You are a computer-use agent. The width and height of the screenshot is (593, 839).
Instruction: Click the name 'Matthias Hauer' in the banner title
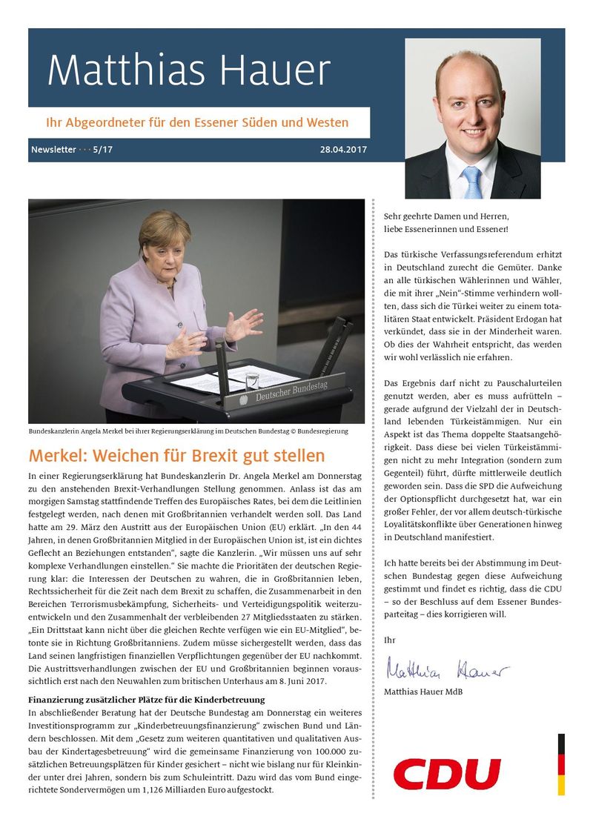pos(188,71)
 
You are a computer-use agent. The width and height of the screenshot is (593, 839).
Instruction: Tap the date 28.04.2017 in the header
pos(343,150)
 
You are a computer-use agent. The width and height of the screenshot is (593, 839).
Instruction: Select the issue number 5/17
pos(103,150)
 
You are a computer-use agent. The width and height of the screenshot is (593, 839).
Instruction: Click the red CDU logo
pos(447,775)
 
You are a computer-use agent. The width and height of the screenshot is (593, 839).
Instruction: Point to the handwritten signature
pos(446,671)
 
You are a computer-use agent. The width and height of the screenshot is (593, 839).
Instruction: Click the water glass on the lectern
pos(253,380)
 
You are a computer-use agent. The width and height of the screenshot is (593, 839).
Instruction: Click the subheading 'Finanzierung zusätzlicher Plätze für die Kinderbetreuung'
pos(146,699)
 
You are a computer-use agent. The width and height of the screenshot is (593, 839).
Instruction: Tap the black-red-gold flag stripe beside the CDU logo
pos(561,764)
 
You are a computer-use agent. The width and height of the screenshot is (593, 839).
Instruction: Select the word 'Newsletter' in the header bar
pos(53,150)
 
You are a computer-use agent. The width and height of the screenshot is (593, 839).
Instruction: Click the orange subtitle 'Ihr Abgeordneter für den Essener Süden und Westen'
pos(198,122)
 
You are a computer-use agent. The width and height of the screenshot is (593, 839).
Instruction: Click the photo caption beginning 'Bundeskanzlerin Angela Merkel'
pos(188,431)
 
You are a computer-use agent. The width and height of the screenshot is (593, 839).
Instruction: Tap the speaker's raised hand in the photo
pos(245,324)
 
